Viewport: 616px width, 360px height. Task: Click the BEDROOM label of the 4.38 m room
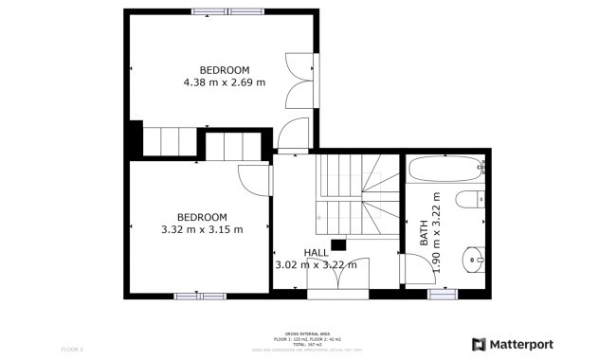click(x=224, y=70)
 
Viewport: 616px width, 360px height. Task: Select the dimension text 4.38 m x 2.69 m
click(x=224, y=82)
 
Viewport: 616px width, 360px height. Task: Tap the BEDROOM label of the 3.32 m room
click(x=201, y=217)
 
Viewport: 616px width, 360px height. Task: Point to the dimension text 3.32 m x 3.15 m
click(x=201, y=229)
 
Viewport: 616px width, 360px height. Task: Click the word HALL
click(x=316, y=252)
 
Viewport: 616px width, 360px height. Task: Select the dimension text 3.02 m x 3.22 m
click(x=316, y=265)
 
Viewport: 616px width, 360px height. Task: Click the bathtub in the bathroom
click(x=445, y=171)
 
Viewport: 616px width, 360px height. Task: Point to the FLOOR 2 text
click(x=74, y=350)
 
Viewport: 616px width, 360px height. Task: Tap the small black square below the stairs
click(x=337, y=244)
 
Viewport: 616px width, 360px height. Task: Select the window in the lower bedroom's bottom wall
click(x=200, y=296)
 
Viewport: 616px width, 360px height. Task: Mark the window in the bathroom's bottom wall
click(x=444, y=295)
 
